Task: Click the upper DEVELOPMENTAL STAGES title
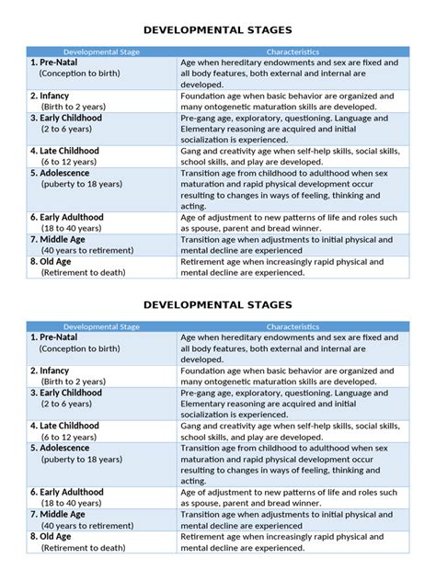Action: [x=218, y=28]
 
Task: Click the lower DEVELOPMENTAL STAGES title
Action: [x=218, y=303]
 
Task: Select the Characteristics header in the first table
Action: [x=293, y=51]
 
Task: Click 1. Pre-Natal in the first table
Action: [x=57, y=63]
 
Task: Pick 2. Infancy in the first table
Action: [x=50, y=95]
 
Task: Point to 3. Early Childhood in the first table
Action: [x=66, y=118]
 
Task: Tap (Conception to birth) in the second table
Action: [x=79, y=349]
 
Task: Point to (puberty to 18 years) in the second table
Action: [x=81, y=459]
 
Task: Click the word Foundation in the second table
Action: [x=206, y=370]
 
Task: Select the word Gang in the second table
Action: [x=192, y=426]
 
